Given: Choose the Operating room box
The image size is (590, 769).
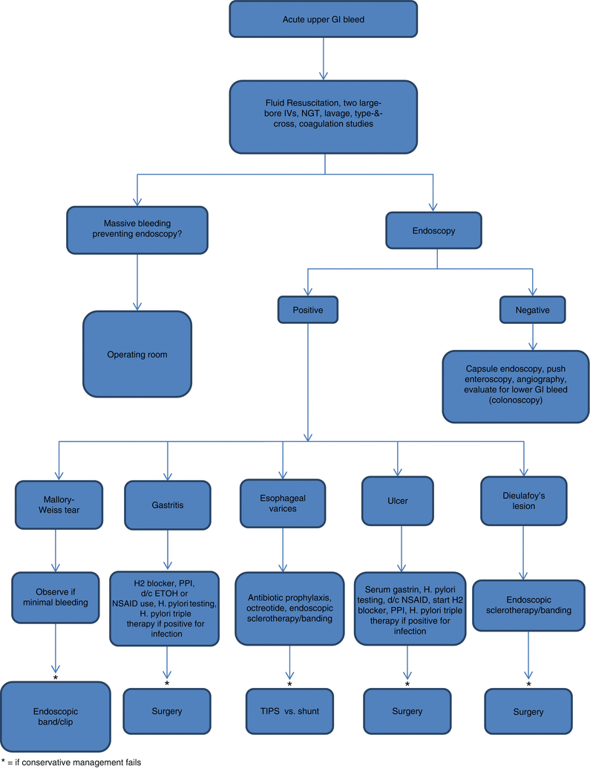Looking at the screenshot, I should (137, 354).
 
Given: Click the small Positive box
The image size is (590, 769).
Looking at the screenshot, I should (309, 311).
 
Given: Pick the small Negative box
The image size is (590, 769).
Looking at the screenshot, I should (534, 311).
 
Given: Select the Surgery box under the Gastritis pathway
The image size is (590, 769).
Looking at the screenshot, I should (166, 711).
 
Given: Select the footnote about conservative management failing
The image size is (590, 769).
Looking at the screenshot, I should (71, 762).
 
